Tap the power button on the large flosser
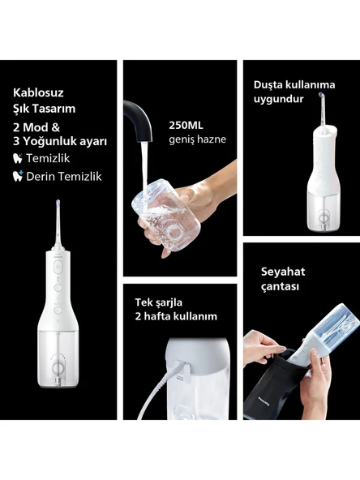tap(59, 273)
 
